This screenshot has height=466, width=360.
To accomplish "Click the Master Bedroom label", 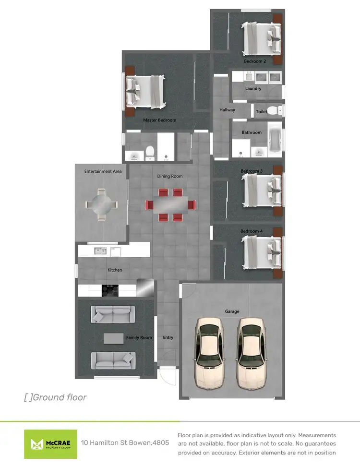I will coord(159,120).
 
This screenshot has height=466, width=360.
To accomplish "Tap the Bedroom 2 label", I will coord(254,61).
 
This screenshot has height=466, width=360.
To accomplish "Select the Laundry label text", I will coord(253,88).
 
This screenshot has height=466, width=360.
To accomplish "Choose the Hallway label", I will coord(227,110).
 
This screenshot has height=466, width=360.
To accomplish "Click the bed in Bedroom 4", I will coord(262,251).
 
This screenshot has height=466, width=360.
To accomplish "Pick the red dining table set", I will coord(171,204).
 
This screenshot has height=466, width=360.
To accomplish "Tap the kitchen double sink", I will coord(100,250).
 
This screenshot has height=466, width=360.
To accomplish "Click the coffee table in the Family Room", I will coord(113,338).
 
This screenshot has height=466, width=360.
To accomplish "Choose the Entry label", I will coord(168,337).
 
